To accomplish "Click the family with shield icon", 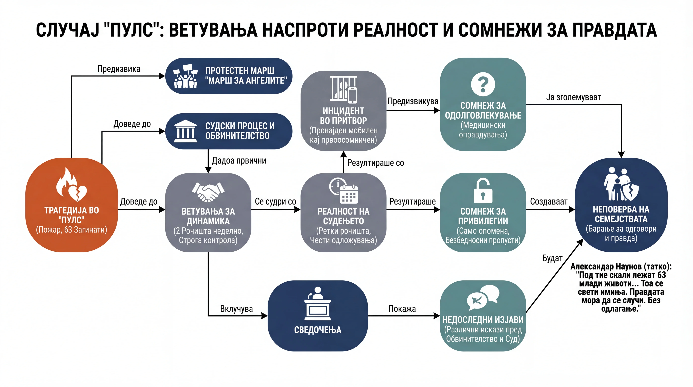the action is pyautogui.click(x=621, y=184).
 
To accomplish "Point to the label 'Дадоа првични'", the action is pyautogui.click(x=239, y=161).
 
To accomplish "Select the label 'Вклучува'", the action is pyautogui.click(x=236, y=309).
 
